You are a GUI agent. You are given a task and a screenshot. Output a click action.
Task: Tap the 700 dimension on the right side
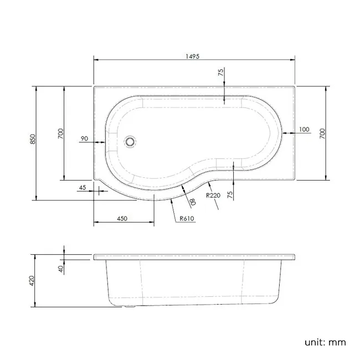[x=322, y=133]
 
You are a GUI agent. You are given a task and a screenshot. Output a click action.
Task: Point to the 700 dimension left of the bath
[x=60, y=133]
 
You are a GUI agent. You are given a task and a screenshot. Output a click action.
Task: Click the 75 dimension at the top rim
[x=220, y=73]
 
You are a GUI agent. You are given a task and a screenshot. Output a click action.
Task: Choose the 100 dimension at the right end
[x=304, y=130]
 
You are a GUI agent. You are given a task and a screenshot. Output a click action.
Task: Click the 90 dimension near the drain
[x=85, y=138]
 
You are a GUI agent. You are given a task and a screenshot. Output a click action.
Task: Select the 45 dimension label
[x=83, y=188]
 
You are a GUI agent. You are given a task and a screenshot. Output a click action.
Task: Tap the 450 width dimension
[x=122, y=218]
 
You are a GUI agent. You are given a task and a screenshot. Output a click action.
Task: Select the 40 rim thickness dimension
[x=60, y=268]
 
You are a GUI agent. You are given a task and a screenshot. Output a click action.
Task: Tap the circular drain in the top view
[x=130, y=141]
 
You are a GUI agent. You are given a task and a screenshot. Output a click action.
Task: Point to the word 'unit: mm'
[x=325, y=342]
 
